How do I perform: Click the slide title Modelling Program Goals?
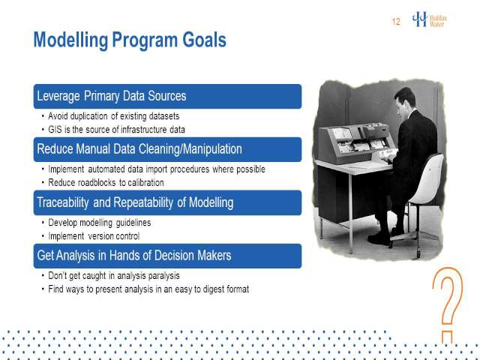click(x=130, y=40)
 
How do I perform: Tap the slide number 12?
click(x=396, y=22)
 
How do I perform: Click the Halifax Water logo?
click(x=429, y=20)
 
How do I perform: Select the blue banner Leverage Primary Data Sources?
click(x=167, y=96)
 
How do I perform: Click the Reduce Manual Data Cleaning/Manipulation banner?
click(x=167, y=149)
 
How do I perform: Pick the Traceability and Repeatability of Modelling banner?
click(x=167, y=202)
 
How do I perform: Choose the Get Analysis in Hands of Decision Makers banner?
click(x=167, y=256)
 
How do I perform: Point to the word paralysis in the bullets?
click(x=163, y=276)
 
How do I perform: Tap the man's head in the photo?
click(x=404, y=98)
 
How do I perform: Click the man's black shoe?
click(x=379, y=239)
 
